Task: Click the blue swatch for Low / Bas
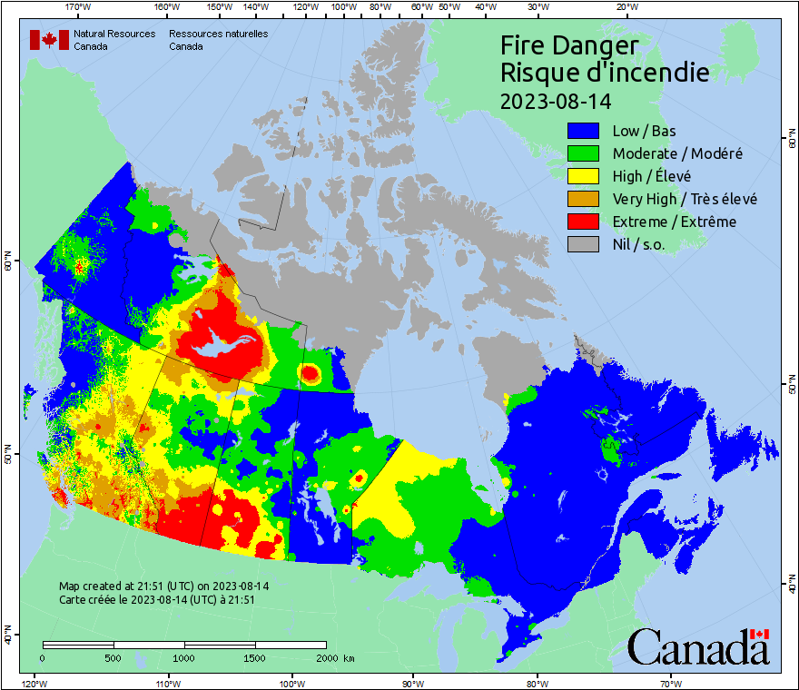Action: click(584, 132)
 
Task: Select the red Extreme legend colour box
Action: click(584, 222)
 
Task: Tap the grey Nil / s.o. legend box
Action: click(584, 244)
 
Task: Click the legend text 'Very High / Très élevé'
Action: click(685, 199)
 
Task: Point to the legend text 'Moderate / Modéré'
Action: click(677, 154)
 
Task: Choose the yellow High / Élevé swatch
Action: click(584, 177)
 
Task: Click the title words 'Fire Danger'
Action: click(569, 45)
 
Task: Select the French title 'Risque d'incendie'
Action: click(605, 73)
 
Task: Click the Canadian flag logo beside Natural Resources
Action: click(49, 40)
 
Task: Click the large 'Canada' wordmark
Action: click(698, 647)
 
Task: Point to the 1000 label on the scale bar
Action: click(184, 658)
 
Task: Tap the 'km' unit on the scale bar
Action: click(350, 658)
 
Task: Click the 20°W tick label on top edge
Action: click(625, 7)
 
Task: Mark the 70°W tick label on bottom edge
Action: click(670, 683)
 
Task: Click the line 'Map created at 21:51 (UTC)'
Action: click(163, 586)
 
